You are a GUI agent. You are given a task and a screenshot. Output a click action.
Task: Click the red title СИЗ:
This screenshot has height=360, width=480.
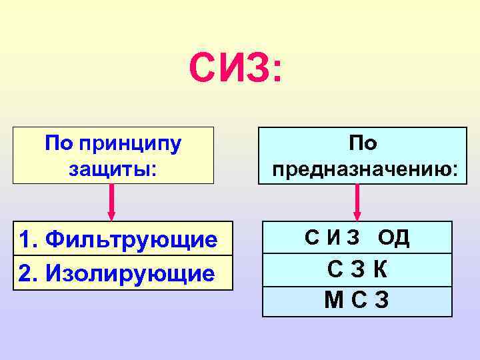235,69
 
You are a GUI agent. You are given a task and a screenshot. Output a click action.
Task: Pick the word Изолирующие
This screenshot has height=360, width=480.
138,273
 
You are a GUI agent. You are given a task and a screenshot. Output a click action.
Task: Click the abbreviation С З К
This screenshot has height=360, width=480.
357,269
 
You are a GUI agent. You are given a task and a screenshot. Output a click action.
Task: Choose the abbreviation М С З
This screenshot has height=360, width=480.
357,301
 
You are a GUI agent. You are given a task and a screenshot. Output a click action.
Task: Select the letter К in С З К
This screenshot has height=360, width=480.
380,269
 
